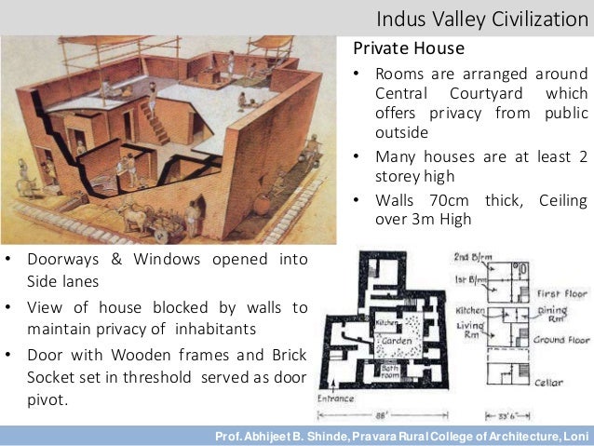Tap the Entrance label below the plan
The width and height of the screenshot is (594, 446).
(336, 399)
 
